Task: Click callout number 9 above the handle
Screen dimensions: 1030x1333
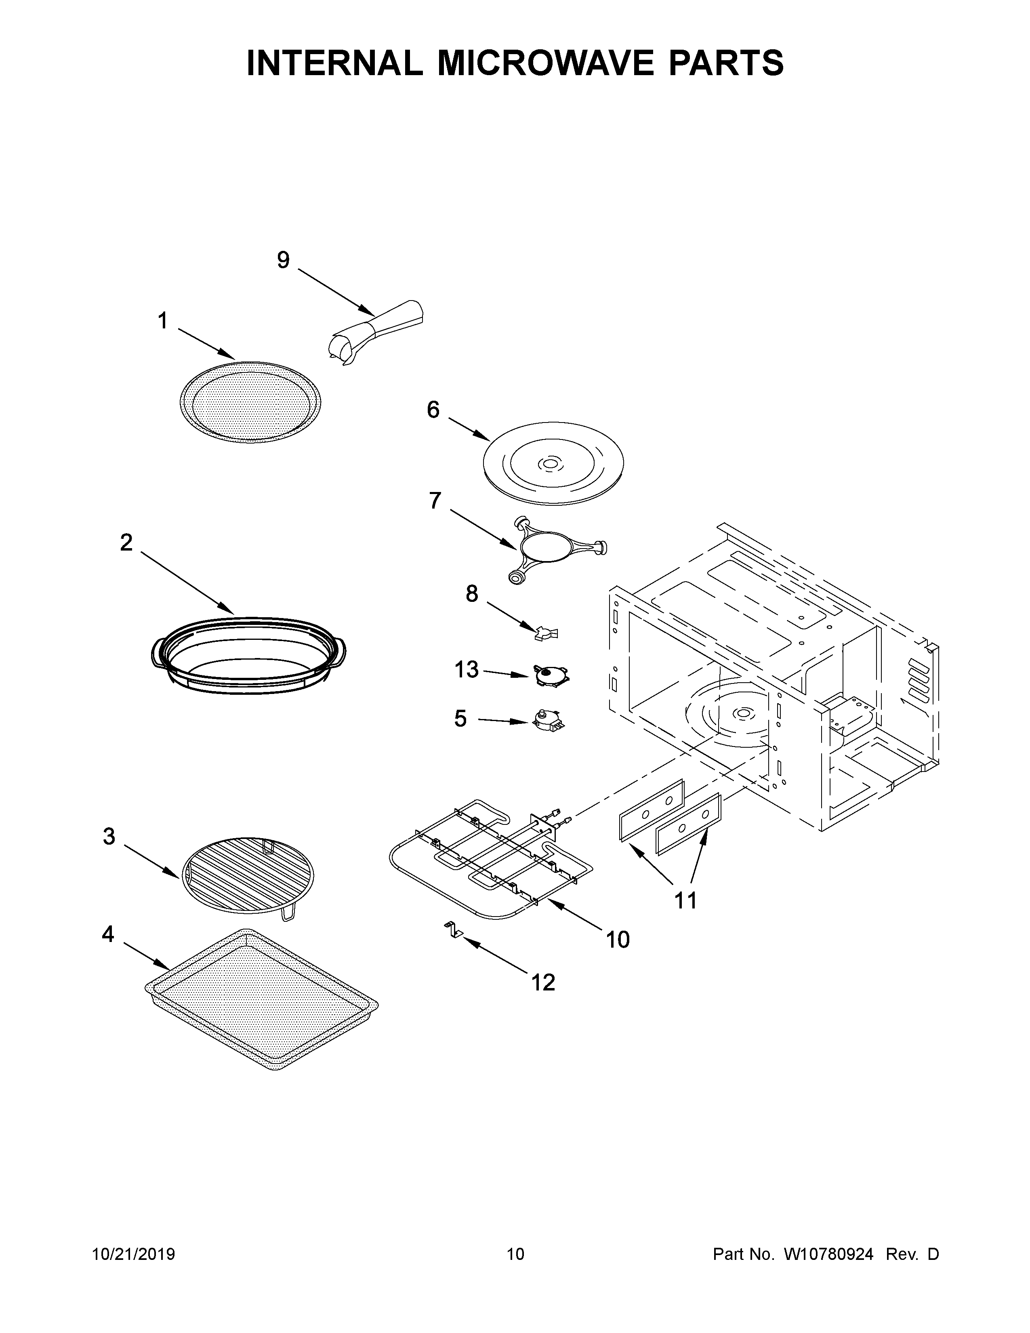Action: (x=283, y=260)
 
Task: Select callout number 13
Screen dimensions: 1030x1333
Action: (x=466, y=670)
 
